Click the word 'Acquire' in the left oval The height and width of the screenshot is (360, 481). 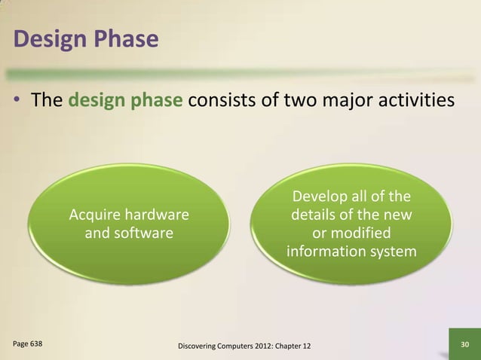click(97, 216)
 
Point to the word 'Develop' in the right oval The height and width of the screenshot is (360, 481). click(317, 198)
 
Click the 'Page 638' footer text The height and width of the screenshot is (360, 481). click(28, 344)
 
